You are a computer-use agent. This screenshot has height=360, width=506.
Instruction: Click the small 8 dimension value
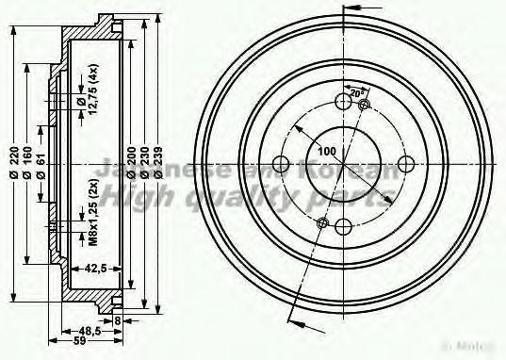pyautogui.click(x=117, y=320)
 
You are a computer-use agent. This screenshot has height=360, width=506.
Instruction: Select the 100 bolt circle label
pyautogui.click(x=327, y=152)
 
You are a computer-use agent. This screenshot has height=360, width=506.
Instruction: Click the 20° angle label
pyautogui.click(x=355, y=94)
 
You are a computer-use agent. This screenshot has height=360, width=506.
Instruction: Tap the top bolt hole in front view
pyautogui.click(x=341, y=102)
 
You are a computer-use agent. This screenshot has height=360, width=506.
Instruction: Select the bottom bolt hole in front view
pyautogui.click(x=343, y=225)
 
